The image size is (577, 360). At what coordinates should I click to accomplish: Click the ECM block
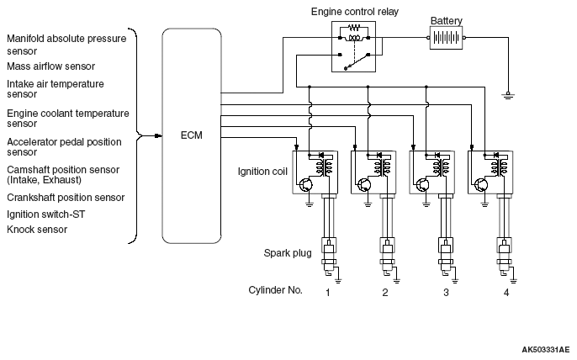tap(190, 135)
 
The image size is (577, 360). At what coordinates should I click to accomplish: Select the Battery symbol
tap(447, 38)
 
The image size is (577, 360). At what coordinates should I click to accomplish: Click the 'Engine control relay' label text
tap(355, 13)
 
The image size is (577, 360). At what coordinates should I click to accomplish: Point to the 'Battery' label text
tap(446, 19)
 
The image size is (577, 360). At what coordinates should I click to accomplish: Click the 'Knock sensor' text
tap(37, 229)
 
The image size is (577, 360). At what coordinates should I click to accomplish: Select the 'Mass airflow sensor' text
tap(50, 66)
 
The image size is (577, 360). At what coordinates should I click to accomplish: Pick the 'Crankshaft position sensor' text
tap(66, 198)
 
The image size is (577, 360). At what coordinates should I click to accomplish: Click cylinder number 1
tap(326, 292)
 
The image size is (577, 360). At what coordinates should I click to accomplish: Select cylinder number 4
tap(506, 292)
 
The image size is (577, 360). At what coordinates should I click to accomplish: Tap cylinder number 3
tap(446, 292)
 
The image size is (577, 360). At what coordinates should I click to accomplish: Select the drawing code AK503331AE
tap(545, 348)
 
